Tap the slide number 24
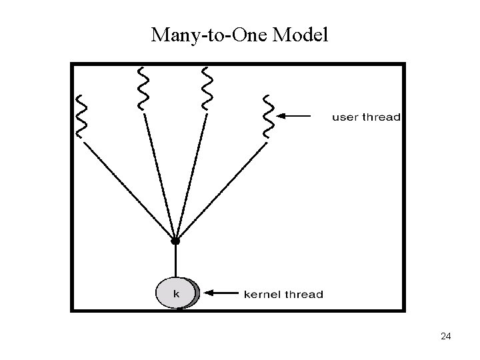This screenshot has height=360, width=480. click(446, 337)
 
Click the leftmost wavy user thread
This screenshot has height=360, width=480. click(82, 116)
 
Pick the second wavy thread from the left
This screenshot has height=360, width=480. click(142, 87)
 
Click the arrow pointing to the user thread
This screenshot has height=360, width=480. click(294, 116)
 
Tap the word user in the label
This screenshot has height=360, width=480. click(345, 117)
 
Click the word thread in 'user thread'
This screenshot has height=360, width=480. click(381, 117)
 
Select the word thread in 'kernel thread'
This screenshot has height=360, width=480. click(305, 293)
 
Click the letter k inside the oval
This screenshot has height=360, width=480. click(176, 293)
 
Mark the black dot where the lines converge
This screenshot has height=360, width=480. click(175, 240)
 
